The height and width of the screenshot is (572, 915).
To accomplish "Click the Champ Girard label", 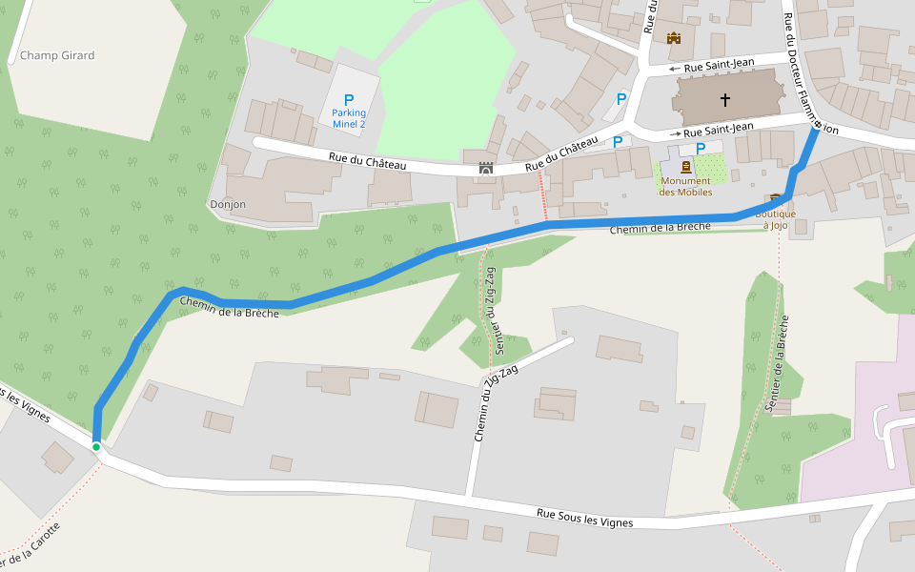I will (57, 55).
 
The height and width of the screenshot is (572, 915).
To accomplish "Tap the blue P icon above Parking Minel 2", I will (349, 99).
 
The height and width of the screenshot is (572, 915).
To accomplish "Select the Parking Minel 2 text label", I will (349, 118).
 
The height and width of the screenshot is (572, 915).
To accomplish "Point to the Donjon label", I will (227, 204).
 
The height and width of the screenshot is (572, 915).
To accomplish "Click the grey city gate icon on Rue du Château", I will (486, 168).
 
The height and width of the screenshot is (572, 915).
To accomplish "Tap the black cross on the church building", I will (725, 99).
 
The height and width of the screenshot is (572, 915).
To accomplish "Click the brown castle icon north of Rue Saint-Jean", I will (675, 38).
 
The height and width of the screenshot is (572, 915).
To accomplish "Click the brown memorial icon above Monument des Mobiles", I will (686, 167).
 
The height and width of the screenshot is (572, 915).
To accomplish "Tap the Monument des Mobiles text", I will (686, 186).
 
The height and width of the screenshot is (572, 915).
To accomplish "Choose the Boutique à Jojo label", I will (775, 219).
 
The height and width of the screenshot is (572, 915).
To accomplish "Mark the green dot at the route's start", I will (96, 446).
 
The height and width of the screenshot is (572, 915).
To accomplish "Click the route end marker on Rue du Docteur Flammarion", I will (817, 125).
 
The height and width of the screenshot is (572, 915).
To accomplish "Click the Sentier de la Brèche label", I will (776, 362).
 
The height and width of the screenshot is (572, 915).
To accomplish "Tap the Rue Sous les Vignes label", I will (584, 518).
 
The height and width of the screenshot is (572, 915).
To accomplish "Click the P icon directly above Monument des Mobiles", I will (701, 148).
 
